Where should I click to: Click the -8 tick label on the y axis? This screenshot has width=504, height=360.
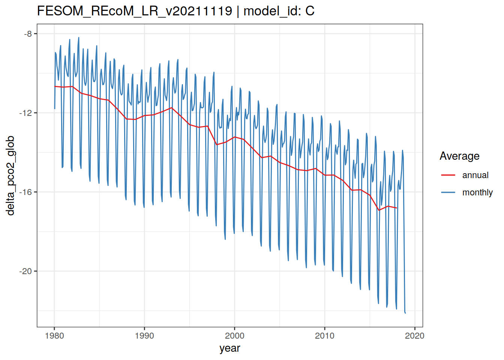point(28,34)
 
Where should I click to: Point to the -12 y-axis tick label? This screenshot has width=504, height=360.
point(26,113)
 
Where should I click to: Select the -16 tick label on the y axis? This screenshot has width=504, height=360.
point(26,192)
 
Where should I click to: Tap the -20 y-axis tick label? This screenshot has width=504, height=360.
point(26,271)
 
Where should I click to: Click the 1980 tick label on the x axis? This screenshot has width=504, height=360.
point(54,336)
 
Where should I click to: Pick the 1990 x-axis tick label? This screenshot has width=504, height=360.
point(144,336)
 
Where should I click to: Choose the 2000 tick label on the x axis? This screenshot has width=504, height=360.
point(235,336)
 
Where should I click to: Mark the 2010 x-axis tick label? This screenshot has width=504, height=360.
point(325,336)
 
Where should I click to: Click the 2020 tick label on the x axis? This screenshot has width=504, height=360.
point(415,336)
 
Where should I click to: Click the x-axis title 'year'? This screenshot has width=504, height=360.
point(230,348)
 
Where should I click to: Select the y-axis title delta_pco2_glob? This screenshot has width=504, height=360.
point(10,175)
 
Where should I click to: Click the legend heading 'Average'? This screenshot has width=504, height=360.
point(459,156)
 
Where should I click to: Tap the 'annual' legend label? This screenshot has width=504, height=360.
point(475,175)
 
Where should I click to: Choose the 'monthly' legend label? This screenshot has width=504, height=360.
point(477,192)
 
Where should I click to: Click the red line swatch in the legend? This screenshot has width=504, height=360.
point(448,175)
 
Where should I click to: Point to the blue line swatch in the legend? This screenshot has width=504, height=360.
point(448,192)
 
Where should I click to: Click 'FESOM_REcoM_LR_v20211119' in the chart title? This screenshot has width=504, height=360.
point(135,11)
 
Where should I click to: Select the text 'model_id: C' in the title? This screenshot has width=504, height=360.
point(279,11)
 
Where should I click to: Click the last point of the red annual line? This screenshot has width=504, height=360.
point(397,208)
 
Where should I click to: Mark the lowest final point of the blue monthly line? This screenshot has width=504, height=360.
point(405,313)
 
